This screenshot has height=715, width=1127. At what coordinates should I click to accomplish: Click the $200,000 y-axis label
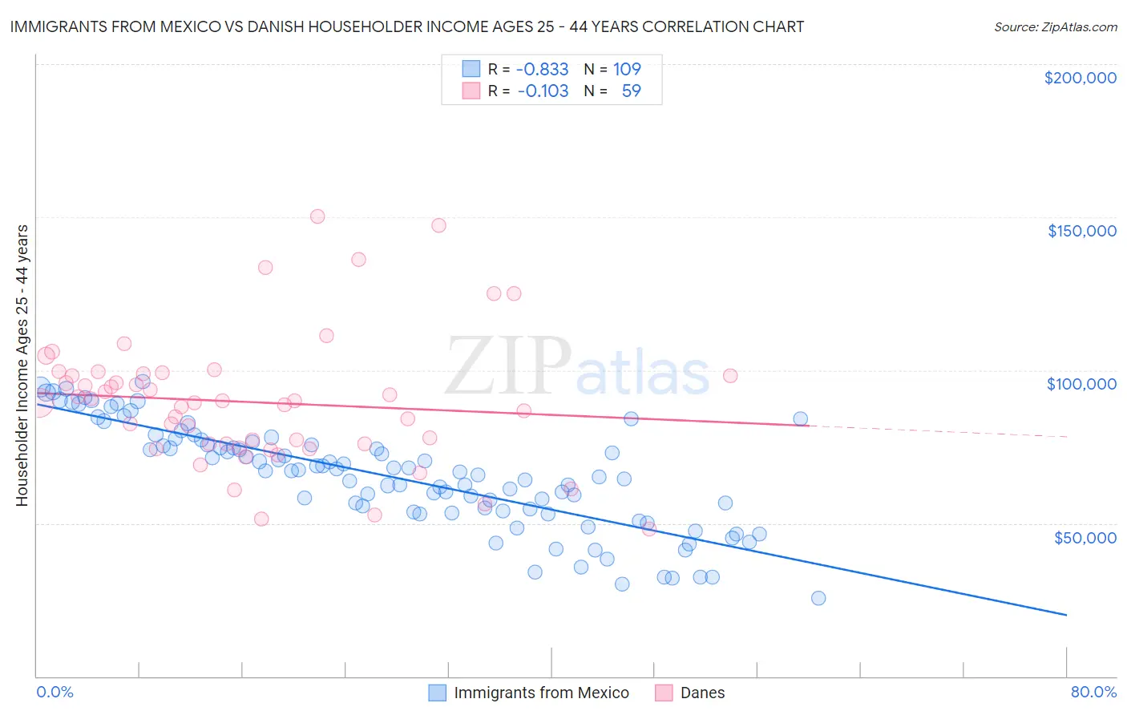point(1080,78)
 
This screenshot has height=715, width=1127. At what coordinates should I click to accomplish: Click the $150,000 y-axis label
point(1081,231)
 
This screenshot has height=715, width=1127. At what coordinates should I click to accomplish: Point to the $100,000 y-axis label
point(1081,384)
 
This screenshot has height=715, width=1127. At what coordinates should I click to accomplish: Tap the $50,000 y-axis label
point(1085,537)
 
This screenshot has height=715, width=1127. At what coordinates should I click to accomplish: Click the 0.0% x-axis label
point(55,692)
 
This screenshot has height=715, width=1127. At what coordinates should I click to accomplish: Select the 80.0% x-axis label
point(1093,692)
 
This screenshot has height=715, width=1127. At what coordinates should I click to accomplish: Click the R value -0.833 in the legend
point(543,70)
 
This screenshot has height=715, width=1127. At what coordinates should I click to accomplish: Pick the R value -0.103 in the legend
point(543,91)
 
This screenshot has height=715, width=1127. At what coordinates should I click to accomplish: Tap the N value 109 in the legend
point(627,70)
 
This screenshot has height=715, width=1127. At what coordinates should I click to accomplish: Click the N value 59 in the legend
point(632,91)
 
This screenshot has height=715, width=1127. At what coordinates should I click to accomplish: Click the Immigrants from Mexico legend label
point(541,693)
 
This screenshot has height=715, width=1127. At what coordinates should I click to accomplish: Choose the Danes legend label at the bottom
point(702,693)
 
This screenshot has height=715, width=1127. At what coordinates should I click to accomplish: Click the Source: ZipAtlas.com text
point(1055,26)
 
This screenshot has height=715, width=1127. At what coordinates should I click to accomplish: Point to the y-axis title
point(22,366)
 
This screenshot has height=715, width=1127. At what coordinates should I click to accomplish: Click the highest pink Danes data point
point(317,216)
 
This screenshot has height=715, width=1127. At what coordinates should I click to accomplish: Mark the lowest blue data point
point(818,598)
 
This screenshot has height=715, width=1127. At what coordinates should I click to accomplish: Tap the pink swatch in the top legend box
point(471,91)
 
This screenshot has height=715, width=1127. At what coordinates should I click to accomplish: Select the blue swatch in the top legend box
point(471,70)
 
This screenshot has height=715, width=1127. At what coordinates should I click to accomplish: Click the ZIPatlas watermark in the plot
point(577,366)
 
